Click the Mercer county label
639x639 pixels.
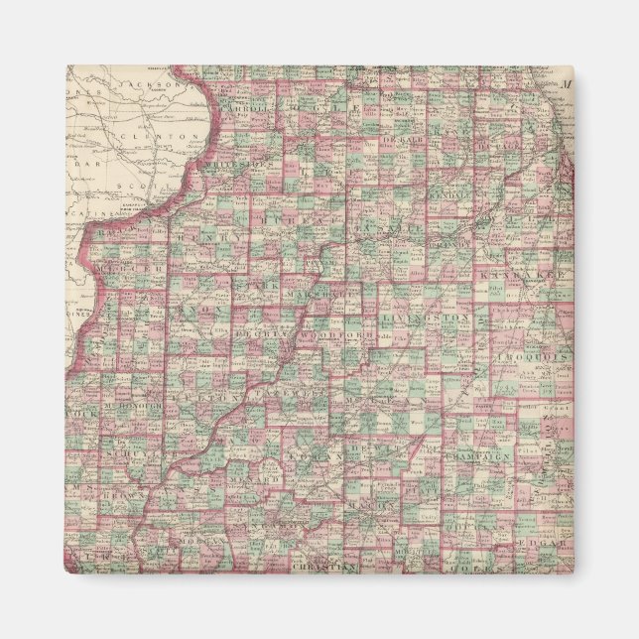pyautogui.click(x=131, y=270)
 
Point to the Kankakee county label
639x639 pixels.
pyautogui.click(x=519, y=273)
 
